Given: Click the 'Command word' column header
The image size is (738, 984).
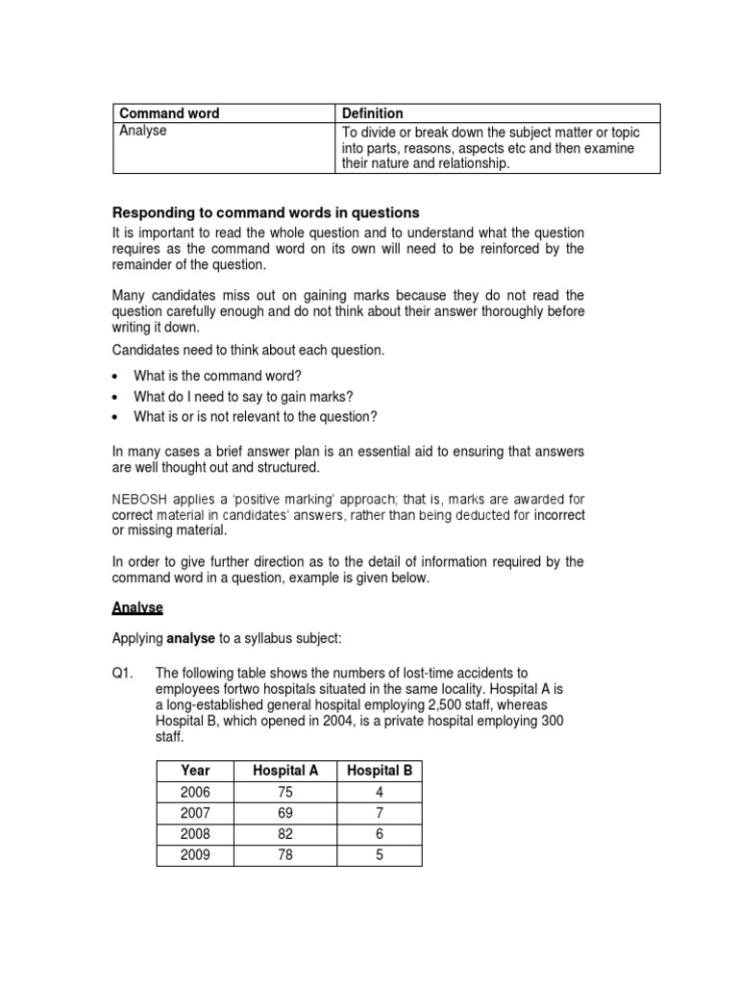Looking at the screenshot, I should coord(169,113).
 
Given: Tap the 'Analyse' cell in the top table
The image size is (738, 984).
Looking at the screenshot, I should coord(143,132).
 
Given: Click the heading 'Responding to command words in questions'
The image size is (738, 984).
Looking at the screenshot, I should coord(266,212).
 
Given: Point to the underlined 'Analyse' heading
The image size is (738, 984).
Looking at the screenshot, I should coord(137,608).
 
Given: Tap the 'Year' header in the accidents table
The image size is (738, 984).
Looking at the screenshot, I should coord(194,771).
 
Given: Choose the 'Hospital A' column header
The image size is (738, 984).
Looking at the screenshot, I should coord(284,771).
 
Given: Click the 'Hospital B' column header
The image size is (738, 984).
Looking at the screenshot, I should coord(379,771).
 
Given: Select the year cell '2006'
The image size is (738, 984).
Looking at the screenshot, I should coord(194,792).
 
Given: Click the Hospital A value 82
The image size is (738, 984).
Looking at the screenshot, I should coord(284,834).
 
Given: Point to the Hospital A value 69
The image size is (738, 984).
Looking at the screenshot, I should coord(284,813).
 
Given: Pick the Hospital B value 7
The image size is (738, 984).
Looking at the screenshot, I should coord(379,813).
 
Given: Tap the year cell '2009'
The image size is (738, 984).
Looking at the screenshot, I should coord(194,854).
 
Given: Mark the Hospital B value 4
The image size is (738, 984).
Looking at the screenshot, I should coord(379,792).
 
